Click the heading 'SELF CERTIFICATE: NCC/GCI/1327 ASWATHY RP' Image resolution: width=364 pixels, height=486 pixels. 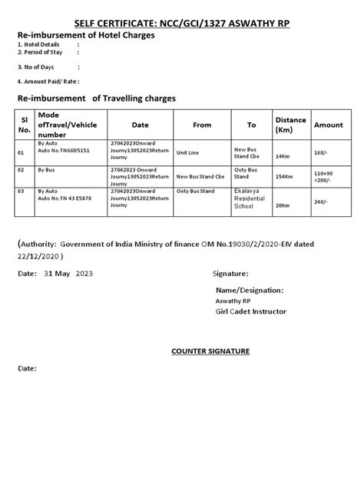[x=182, y=24]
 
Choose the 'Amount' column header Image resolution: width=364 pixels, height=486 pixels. [x=328, y=124]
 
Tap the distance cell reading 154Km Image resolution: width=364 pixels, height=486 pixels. [x=283, y=177]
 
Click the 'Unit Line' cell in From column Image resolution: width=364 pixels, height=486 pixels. [x=187, y=152]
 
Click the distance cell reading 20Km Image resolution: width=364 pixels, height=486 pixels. [x=283, y=205]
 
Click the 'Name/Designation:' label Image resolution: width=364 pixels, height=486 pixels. [x=250, y=290]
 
